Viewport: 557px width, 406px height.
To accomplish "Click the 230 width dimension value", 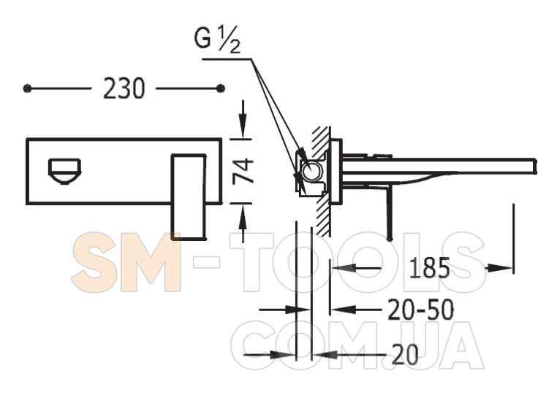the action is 124,88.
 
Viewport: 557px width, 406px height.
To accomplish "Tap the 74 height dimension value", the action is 243,172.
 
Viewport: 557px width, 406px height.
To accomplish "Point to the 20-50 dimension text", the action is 420,310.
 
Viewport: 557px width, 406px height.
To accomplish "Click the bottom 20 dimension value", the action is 405,355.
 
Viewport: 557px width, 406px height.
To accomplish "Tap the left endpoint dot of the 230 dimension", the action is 27,88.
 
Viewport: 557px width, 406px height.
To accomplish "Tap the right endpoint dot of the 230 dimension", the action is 221,88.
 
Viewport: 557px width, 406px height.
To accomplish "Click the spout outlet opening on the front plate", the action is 64,172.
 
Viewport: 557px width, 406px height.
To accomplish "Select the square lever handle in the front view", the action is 189,197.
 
